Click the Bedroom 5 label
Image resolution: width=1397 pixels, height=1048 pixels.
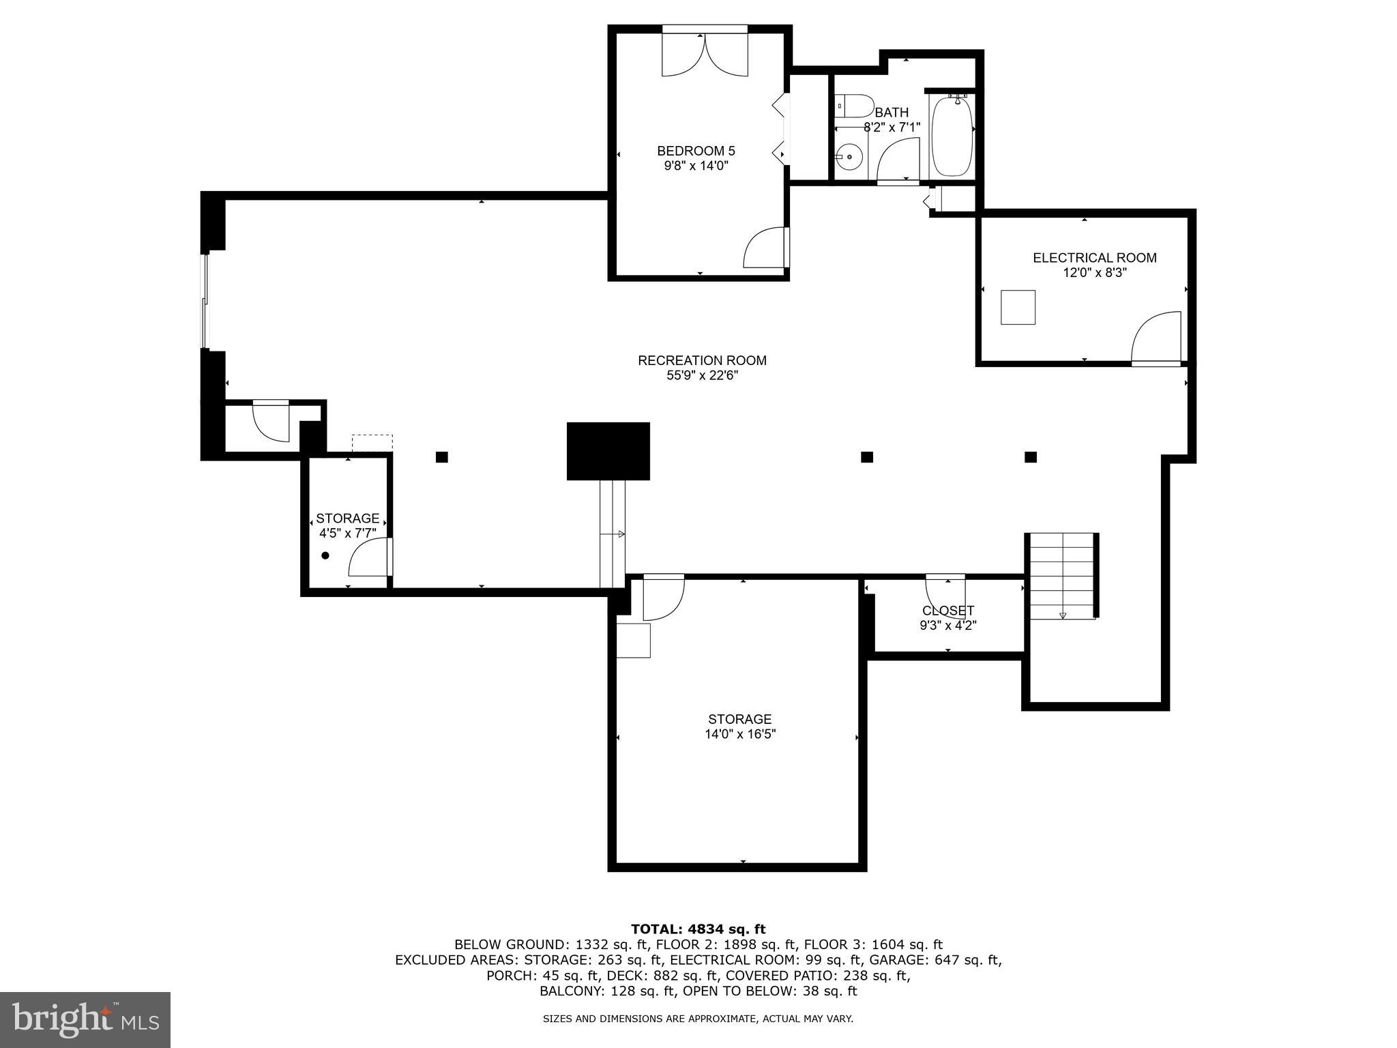pos(696,151)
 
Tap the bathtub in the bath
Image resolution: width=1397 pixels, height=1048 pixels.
pos(952,136)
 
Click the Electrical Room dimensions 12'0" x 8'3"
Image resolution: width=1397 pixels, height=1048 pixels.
pos(1094,273)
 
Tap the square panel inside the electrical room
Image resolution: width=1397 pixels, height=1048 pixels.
pos(1018,307)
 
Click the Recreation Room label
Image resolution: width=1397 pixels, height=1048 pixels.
pos(702,360)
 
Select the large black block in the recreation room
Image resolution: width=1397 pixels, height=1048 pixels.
pos(608,451)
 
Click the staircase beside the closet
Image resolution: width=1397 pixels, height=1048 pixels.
pos(1061,574)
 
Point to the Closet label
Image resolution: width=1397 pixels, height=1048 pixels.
pos(948,611)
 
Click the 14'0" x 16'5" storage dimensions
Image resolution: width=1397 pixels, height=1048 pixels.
pos(740,735)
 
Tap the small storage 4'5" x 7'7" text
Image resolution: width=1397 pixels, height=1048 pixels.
pos(347,533)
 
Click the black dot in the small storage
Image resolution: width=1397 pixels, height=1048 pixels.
pos(325,555)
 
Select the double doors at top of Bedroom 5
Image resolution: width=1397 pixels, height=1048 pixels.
pos(705,55)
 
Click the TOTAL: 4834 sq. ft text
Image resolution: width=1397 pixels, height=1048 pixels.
pos(698,929)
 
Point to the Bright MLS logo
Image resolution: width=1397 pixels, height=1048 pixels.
pos(85,1020)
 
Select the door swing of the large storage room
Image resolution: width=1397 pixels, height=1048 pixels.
pos(662,598)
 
